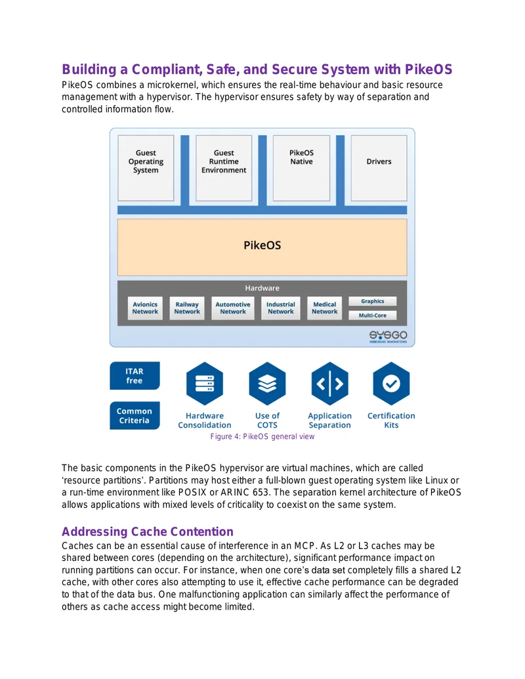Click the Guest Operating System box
pos(146,168)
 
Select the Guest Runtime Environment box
pos(224,168)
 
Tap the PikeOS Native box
pos(301,168)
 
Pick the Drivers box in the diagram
pos(379,168)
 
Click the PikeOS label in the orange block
pos(262,245)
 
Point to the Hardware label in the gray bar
pos(262,288)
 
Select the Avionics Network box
pos(145,308)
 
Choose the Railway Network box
pos(187,308)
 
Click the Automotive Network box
pos(232,308)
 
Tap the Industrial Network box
pos(281,308)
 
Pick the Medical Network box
pos(324,308)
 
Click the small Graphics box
pos(373,301)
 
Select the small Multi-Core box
pos(373,316)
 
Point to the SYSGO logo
pos(388,337)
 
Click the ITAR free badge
pos(135,376)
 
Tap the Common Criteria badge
pos(135,416)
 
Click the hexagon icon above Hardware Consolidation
pos(205,384)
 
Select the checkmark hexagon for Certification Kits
pos(391,384)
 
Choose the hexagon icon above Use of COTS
pos(267,384)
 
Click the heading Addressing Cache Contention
pos(147,531)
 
